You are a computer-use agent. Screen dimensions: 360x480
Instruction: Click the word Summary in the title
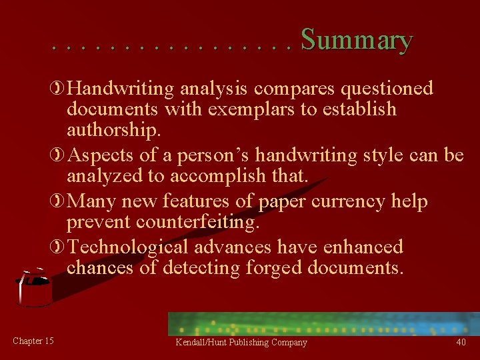point(356,41)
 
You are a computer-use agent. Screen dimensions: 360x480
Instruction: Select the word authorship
point(113,129)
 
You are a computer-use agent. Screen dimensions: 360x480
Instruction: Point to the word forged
point(273,267)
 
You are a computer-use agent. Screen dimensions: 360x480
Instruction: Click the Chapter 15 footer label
point(33,341)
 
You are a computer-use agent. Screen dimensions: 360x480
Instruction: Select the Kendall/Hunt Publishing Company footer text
point(241,343)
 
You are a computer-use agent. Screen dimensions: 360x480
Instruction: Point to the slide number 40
point(461,342)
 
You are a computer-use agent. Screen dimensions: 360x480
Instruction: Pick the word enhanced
point(363,247)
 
